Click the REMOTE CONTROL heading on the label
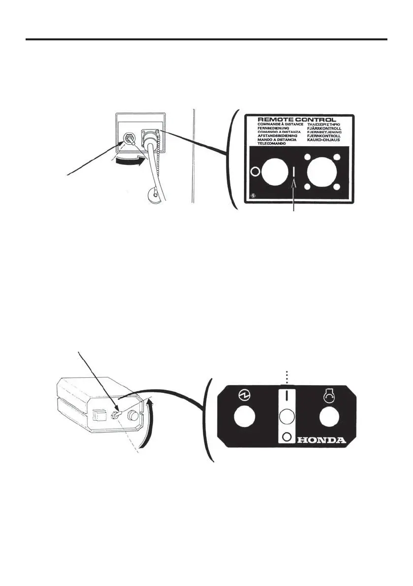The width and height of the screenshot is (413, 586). click(297, 120)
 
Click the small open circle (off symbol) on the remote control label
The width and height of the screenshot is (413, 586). click(255, 172)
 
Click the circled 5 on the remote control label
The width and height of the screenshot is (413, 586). click(253, 201)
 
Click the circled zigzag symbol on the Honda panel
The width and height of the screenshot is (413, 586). click(242, 396)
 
